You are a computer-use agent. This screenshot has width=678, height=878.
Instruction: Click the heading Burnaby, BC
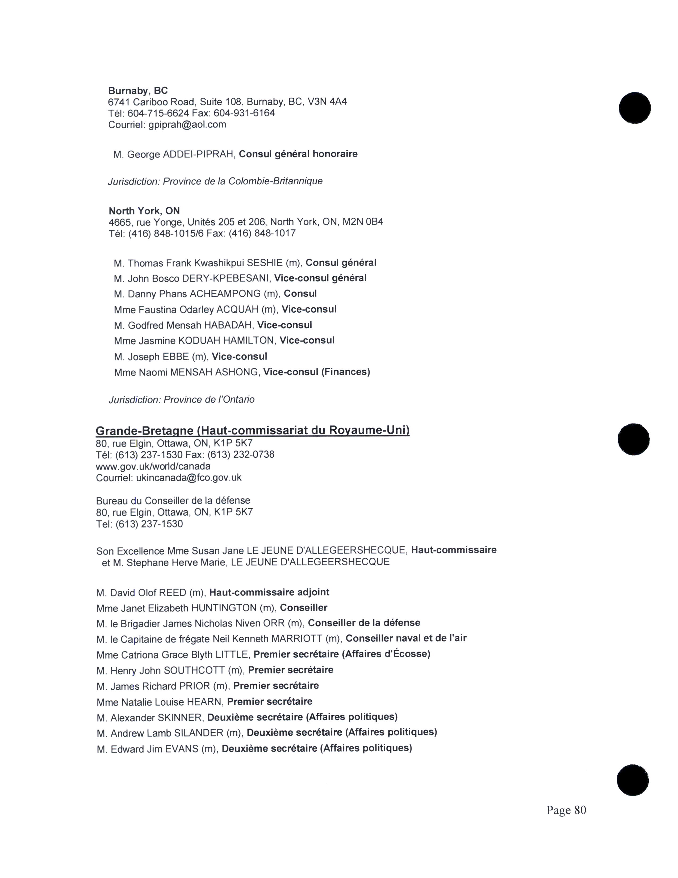(138, 90)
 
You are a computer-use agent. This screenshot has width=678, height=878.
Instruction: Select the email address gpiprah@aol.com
(187, 125)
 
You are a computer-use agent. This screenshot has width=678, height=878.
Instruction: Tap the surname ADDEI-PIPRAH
(198, 154)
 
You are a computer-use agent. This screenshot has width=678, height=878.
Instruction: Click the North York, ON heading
(144, 211)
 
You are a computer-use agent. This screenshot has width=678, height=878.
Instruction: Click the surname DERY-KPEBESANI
(225, 279)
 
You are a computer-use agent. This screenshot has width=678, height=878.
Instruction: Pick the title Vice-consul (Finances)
(316, 372)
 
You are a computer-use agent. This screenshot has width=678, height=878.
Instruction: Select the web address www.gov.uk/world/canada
(153, 466)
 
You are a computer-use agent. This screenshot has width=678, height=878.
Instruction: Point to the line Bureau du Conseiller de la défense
(173, 500)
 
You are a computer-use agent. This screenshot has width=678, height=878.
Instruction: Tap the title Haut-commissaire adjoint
(269, 592)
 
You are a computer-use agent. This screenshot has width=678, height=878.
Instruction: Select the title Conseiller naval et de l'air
(406, 638)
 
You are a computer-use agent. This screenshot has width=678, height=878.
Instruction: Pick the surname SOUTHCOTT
(194, 670)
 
